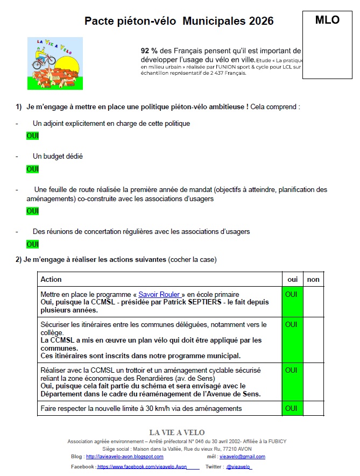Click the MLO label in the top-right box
327,20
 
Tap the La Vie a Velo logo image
55,63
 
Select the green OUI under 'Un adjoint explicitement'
33,136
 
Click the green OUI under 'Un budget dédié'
33,169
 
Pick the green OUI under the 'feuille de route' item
33,211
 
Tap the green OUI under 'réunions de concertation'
33,244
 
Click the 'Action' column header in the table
51,279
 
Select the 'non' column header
313,279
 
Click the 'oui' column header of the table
293,279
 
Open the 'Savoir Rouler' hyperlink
159,294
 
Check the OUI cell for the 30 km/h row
291,408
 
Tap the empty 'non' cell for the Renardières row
313,381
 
